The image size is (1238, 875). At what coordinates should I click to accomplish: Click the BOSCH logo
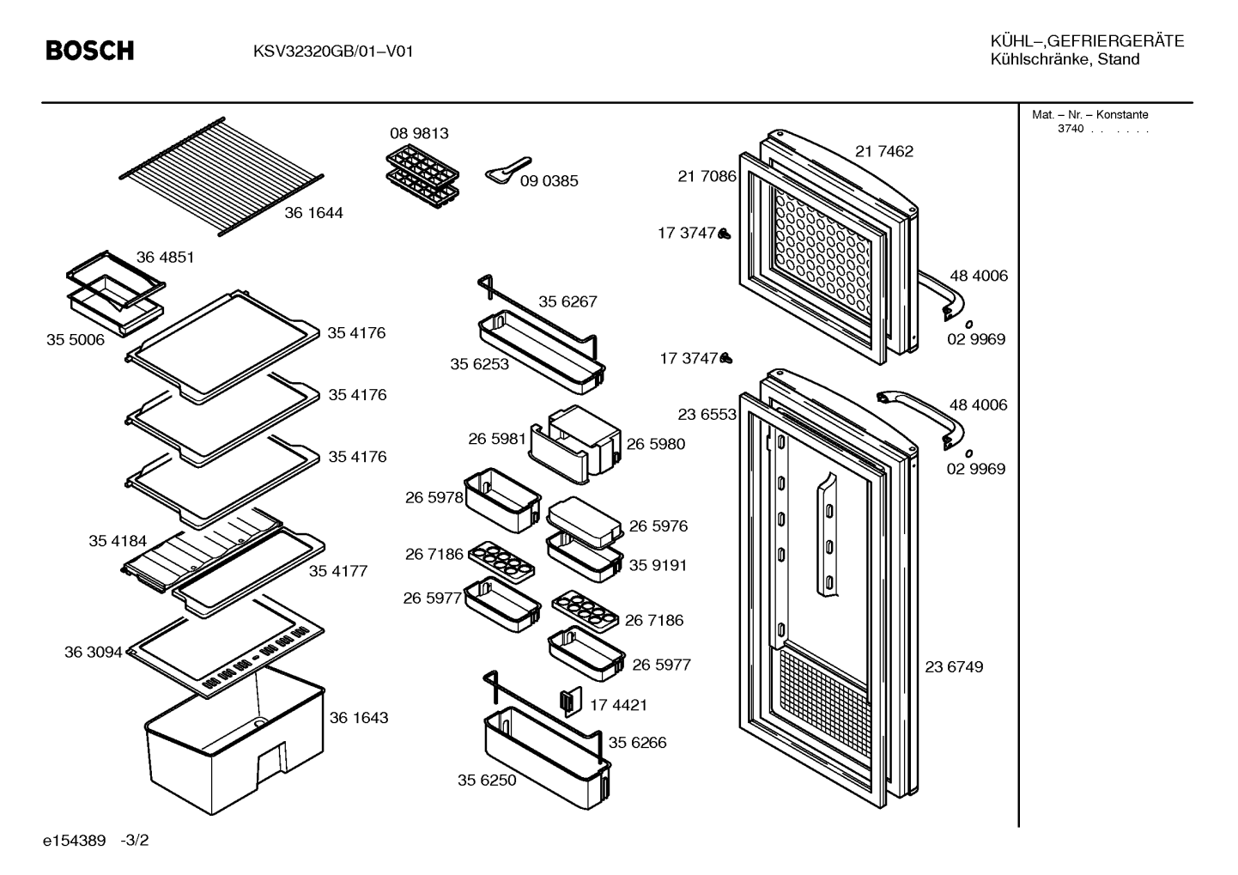click(x=89, y=51)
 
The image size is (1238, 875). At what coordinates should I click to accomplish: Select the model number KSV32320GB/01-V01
click(x=333, y=52)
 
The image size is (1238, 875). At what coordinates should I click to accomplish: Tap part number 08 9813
click(x=419, y=133)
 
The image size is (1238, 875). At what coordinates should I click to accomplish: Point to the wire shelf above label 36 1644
click(x=222, y=176)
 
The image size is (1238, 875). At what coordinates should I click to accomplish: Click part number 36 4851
click(x=165, y=257)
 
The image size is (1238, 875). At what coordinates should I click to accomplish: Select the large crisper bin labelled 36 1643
click(x=235, y=741)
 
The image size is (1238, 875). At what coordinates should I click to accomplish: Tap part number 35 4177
click(x=337, y=571)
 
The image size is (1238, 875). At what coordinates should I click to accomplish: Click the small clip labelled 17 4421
click(x=572, y=702)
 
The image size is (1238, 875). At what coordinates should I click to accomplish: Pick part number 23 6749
click(x=954, y=667)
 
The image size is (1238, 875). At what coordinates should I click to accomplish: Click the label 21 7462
click(x=884, y=151)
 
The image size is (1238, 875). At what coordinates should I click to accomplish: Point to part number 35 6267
click(x=567, y=301)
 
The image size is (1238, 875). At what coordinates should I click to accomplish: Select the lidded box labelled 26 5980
click(x=585, y=440)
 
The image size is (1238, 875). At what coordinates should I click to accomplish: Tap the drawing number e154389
click(x=74, y=841)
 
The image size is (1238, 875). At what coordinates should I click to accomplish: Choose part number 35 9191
click(x=658, y=566)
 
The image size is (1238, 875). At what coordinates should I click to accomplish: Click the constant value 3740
click(x=1071, y=129)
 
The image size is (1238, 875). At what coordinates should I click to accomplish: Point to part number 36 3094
click(x=93, y=653)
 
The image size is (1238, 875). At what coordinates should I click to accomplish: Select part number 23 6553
click(x=707, y=415)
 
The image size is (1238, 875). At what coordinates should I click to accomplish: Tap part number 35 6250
click(x=486, y=780)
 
